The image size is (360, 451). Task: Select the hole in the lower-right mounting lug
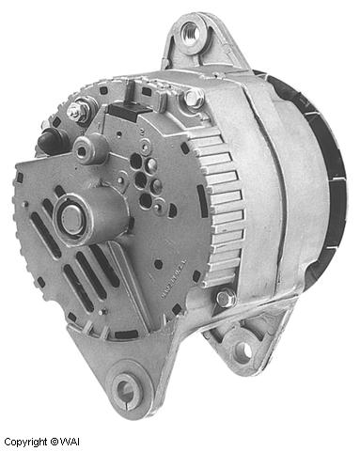click(x=243, y=350)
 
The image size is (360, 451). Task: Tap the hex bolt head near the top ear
click(x=193, y=97)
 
